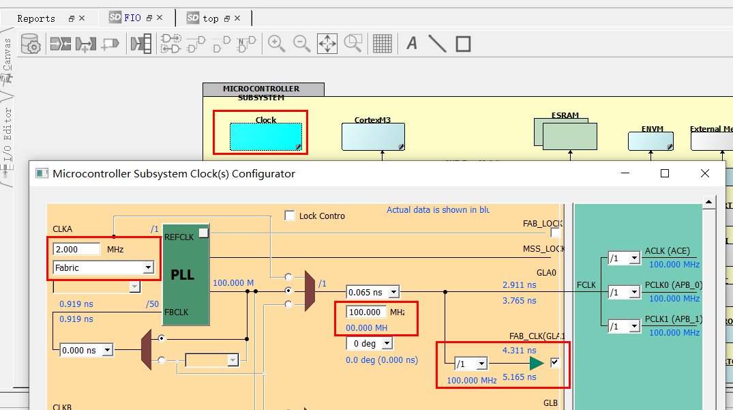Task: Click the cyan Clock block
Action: point(265,136)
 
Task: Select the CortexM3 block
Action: point(372,136)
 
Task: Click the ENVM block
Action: point(650,141)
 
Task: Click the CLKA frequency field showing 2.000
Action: point(76,249)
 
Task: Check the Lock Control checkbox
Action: point(290,216)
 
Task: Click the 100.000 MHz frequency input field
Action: point(366,312)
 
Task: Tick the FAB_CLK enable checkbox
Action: point(555,363)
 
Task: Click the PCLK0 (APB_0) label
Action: point(673,285)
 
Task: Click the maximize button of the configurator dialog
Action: point(665,174)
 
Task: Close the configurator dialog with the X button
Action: point(705,174)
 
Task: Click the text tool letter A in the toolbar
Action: point(412,44)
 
